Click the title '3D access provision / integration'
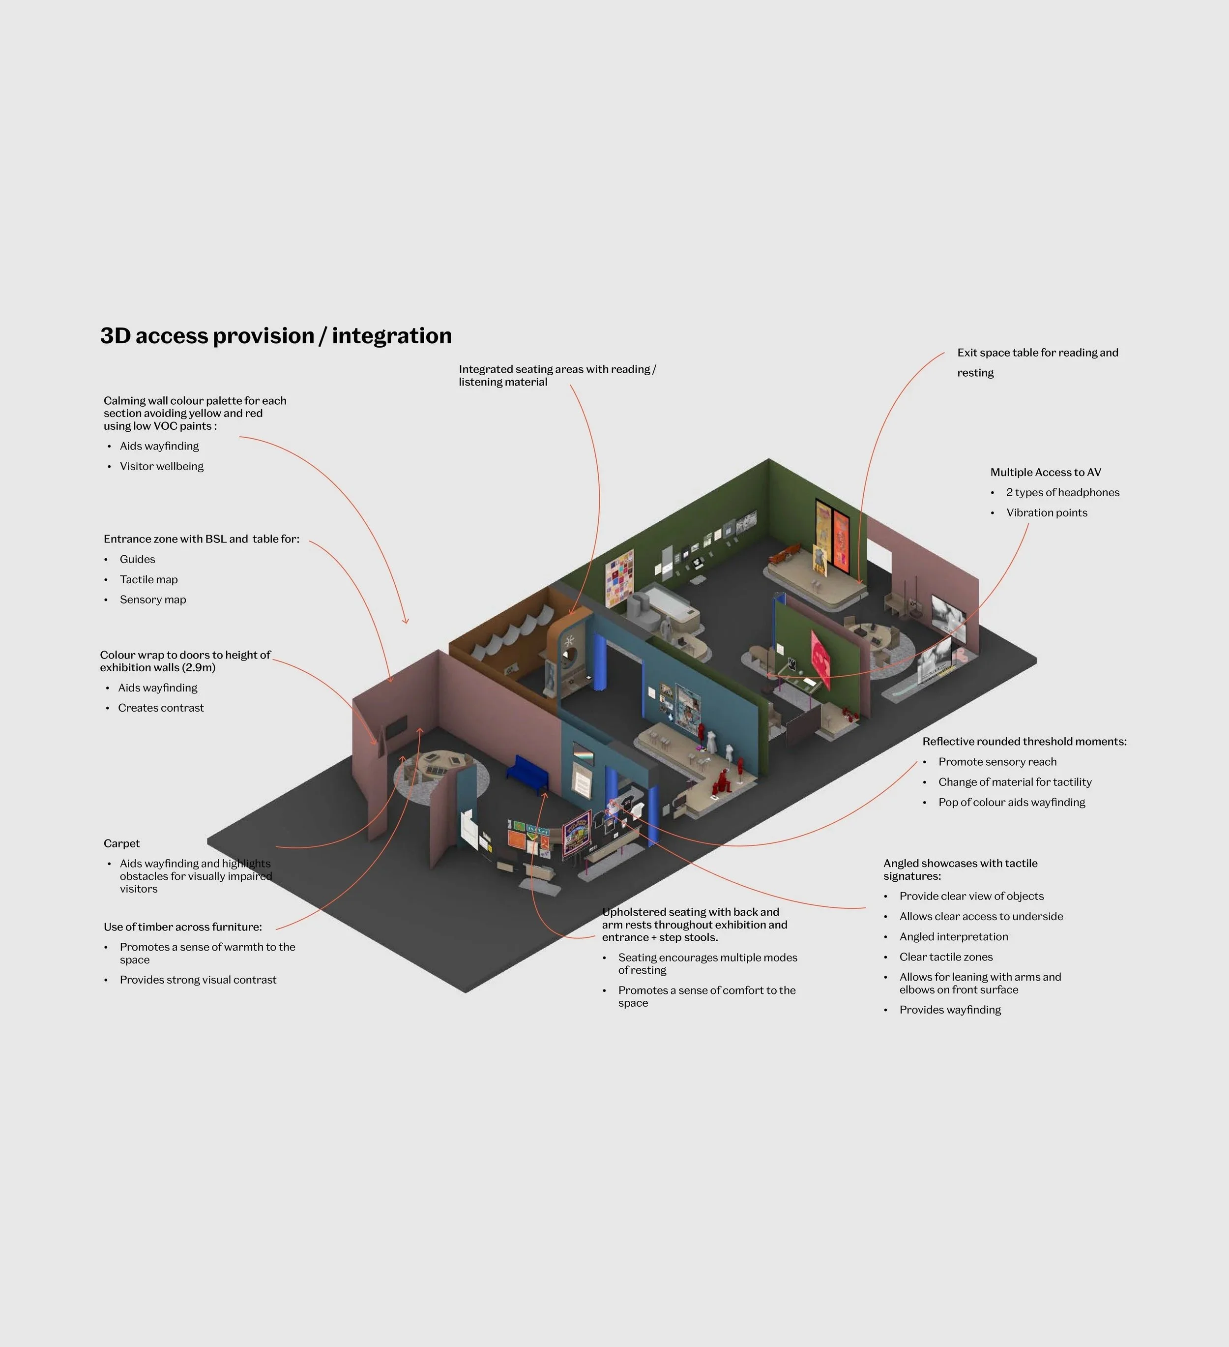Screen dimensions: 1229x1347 (x=276, y=335)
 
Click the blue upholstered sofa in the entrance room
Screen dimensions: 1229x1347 (x=527, y=774)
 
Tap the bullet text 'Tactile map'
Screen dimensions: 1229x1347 (x=148, y=579)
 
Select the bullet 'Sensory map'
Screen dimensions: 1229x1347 (x=152, y=599)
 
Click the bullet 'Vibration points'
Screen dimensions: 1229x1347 (x=1046, y=512)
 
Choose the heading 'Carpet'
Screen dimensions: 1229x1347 (x=121, y=843)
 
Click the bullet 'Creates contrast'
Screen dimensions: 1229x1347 (x=160, y=708)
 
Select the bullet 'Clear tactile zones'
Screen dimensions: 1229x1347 (x=945, y=957)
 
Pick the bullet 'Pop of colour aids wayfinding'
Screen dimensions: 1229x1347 (x=1011, y=802)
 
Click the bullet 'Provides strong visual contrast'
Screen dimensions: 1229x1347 (x=198, y=980)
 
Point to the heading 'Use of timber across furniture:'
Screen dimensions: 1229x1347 (x=182, y=927)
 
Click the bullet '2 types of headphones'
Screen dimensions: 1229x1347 (x=1062, y=492)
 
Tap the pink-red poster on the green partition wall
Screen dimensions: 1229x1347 (x=821, y=658)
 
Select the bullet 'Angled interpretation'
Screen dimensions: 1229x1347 (x=953, y=937)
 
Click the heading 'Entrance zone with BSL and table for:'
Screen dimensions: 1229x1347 (x=201, y=539)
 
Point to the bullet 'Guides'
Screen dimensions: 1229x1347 (x=137, y=559)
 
